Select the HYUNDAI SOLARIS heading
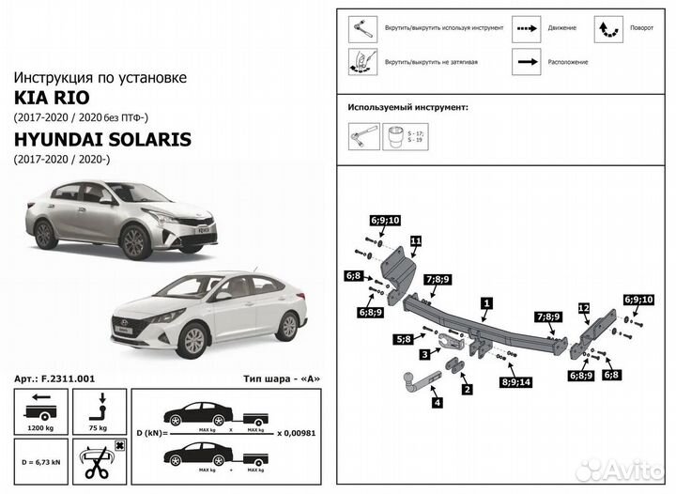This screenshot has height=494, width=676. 101,139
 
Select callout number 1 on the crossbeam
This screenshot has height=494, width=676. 485,303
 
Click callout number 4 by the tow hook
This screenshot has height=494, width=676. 437,403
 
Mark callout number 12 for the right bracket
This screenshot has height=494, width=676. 583,308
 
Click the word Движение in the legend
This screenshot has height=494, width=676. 562,29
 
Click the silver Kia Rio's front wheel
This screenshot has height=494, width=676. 134,241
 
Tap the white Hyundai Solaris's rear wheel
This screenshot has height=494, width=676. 287,327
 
